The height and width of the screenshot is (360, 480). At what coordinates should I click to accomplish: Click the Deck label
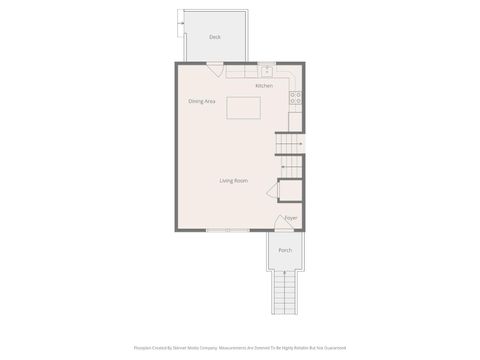[x=215, y=37]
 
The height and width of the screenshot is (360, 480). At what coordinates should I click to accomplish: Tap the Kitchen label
[x=264, y=86]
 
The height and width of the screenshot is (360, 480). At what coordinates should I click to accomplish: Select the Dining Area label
[x=202, y=101]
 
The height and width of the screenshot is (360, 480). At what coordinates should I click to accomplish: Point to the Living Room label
[x=234, y=180]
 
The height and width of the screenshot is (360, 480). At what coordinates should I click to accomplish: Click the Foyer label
[x=291, y=218]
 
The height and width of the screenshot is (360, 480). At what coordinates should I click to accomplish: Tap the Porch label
[x=285, y=250]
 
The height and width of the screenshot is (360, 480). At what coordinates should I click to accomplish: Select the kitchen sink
[x=267, y=71]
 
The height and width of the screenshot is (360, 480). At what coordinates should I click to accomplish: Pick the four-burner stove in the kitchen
[x=295, y=98]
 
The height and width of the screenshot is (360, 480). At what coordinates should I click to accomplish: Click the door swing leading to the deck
[x=215, y=70]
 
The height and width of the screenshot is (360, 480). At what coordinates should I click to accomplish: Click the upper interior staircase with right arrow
[x=290, y=145]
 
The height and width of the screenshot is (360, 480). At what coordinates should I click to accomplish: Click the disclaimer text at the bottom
[x=240, y=348]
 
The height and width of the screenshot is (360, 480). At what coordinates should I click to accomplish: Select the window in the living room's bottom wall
[x=219, y=231]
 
